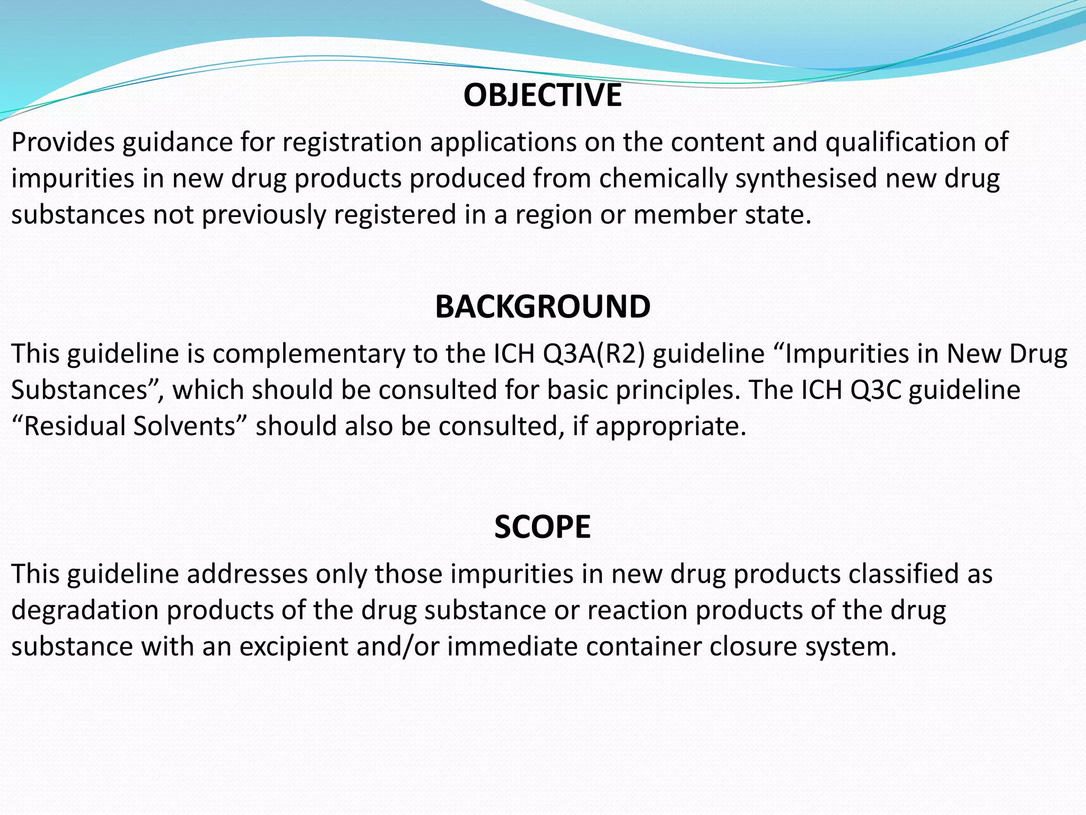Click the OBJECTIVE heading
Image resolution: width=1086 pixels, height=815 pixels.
coord(542,96)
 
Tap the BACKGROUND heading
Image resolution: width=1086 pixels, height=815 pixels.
coord(542,307)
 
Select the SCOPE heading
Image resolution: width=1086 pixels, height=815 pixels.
coord(542,527)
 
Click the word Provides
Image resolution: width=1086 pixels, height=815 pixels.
coord(63,142)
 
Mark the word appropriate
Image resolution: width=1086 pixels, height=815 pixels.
coord(670,426)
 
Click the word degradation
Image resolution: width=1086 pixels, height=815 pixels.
coord(85,610)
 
